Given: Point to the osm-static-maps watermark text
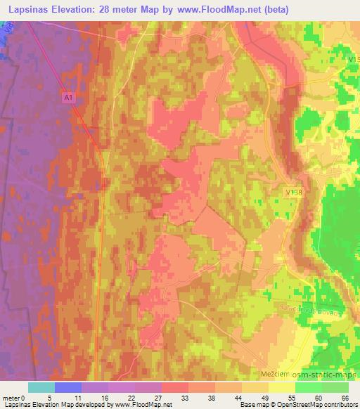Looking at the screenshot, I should (x=329, y=376).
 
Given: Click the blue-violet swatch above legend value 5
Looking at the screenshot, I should (x=68, y=387).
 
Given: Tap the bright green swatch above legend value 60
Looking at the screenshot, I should (x=308, y=387).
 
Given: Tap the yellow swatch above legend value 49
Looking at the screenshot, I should (x=255, y=387).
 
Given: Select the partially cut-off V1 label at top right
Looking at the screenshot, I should (x=353, y=60).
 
